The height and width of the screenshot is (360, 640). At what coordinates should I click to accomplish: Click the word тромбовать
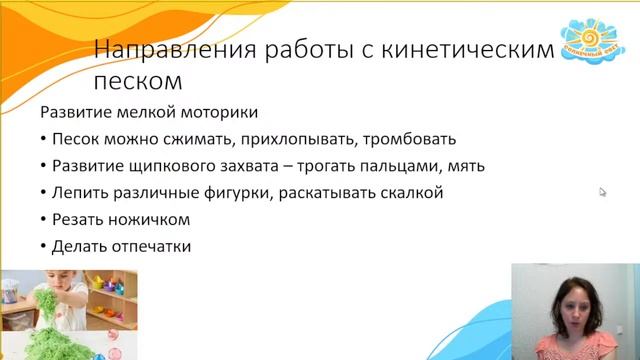[410, 139]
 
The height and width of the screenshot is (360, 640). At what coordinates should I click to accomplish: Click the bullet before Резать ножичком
[44, 220]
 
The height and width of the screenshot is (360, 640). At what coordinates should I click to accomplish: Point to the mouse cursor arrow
[603, 192]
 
